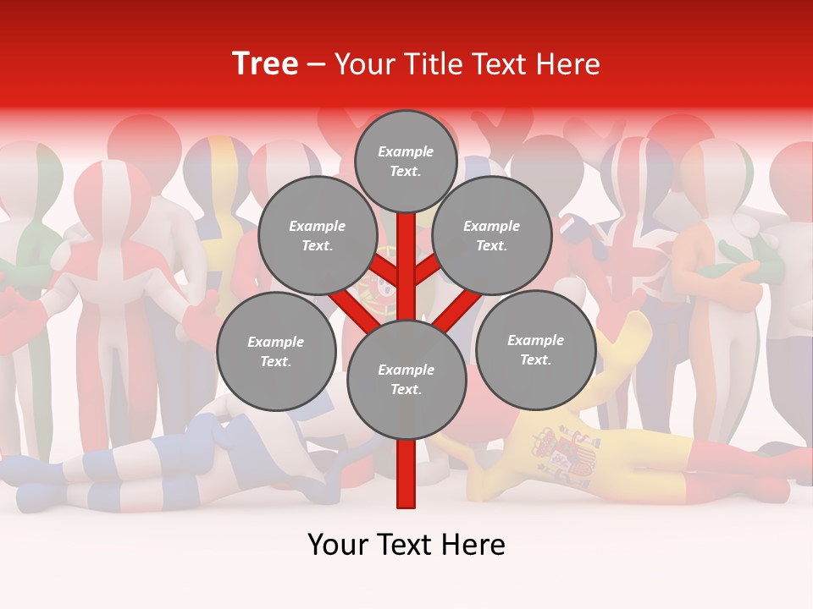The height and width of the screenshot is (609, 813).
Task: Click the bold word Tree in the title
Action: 265,63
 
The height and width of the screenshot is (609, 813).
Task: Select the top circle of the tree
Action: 406,161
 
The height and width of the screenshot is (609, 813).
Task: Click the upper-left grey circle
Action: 317,236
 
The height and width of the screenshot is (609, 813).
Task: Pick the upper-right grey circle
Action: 492,236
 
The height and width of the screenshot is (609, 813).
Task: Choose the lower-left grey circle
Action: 276,352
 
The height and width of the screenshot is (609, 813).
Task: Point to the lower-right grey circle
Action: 535,349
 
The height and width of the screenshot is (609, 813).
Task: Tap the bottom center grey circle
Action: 406,380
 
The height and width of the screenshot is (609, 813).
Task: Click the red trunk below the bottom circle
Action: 406,474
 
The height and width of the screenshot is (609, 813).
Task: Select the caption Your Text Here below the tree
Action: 406,545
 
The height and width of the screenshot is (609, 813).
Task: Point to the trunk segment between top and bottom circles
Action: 406,271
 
